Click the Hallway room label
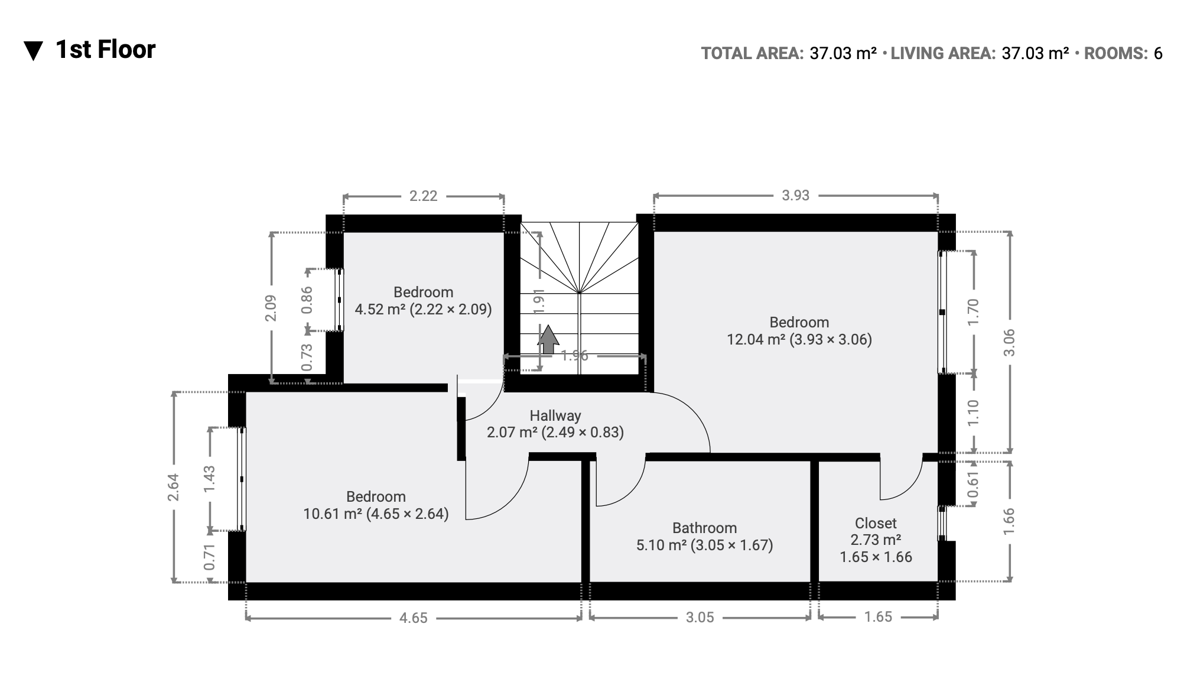pyautogui.click(x=555, y=415)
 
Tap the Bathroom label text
pyautogui.click(x=704, y=528)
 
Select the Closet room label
pyautogui.click(x=876, y=523)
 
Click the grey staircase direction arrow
pyautogui.click(x=548, y=339)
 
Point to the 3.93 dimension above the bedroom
pyautogui.click(x=795, y=196)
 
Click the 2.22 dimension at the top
pyautogui.click(x=424, y=196)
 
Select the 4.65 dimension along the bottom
pyautogui.click(x=413, y=618)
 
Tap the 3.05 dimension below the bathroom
pyautogui.click(x=700, y=618)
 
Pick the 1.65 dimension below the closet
pyautogui.click(x=878, y=617)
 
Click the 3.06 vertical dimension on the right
pyautogui.click(x=1009, y=342)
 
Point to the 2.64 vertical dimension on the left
pyautogui.click(x=173, y=488)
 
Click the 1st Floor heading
pyautogui.click(x=106, y=50)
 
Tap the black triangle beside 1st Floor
pyautogui.click(x=33, y=51)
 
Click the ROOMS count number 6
pyautogui.click(x=1158, y=54)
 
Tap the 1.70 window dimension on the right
pyautogui.click(x=974, y=311)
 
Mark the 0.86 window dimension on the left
pyautogui.click(x=307, y=300)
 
